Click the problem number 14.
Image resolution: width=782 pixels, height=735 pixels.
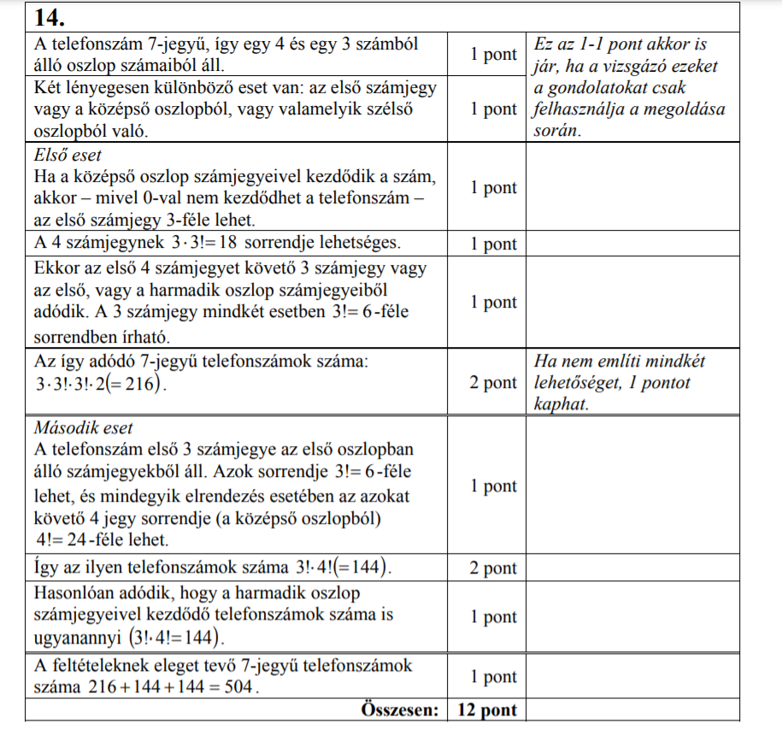[50, 16]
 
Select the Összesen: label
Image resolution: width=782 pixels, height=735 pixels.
[399, 710]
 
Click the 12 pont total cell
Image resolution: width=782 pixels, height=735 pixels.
[487, 710]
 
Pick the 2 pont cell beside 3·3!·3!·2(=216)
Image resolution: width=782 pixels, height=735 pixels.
[493, 383]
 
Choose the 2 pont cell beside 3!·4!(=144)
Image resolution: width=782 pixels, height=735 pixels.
[493, 568]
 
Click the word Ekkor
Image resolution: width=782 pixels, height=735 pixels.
[56, 268]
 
